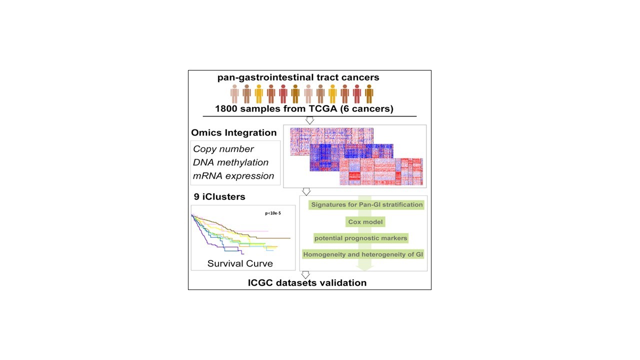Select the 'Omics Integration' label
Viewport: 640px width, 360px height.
(x=233, y=133)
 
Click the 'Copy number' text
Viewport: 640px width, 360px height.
(x=223, y=149)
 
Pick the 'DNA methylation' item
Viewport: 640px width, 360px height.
(x=231, y=162)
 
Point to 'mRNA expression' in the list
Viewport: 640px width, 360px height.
(x=233, y=176)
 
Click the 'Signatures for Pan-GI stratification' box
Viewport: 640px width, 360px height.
(x=367, y=204)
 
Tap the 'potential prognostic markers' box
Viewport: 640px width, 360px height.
(x=360, y=237)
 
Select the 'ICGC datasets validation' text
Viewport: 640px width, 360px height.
(x=307, y=283)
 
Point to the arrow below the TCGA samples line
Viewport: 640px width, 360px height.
(x=309, y=120)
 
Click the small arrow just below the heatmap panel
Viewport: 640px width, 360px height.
(x=306, y=191)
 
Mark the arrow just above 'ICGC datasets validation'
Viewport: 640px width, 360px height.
(x=306, y=274)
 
